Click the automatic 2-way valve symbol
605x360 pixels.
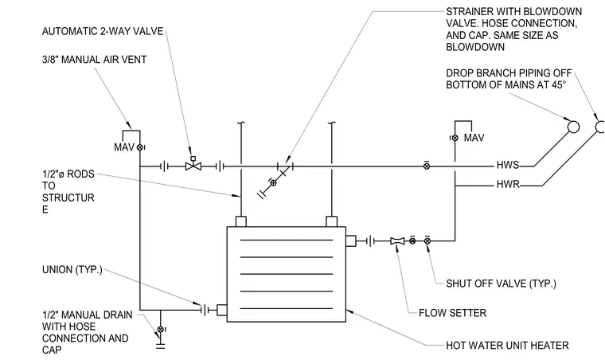click(193, 165)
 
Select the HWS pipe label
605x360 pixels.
click(507, 165)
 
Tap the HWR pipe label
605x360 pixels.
click(508, 185)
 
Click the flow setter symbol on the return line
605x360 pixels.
click(397, 241)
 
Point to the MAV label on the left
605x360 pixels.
click(124, 147)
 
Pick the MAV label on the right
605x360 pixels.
click(474, 138)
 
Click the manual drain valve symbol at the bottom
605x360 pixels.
click(161, 329)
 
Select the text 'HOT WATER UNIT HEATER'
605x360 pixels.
click(507, 346)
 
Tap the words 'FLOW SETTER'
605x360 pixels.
click(453, 313)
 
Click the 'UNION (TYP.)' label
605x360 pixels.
click(72, 270)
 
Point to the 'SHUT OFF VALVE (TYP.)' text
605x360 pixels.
click(501, 284)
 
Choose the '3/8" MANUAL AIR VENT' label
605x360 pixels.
click(94, 60)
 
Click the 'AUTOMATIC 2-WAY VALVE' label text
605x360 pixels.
click(103, 31)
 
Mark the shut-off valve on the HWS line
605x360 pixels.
click(427, 166)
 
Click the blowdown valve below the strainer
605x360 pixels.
click(273, 182)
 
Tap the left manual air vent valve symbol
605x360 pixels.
click(140, 147)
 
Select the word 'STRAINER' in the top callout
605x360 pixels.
click(468, 12)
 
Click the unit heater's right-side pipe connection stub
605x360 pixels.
click(351, 241)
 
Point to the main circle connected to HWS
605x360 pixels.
click(573, 127)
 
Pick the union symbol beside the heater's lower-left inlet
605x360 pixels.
click(204, 310)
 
